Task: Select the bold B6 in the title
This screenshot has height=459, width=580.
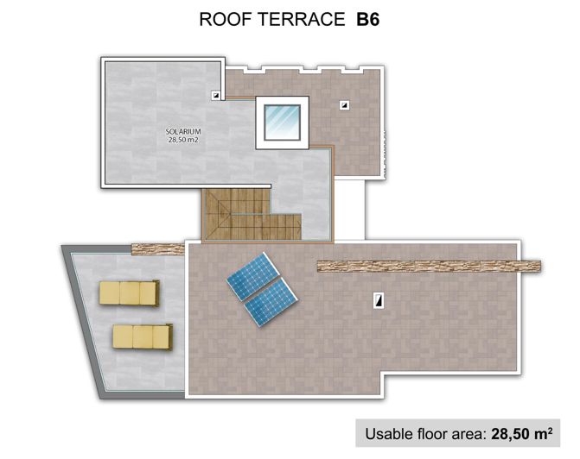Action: (369, 19)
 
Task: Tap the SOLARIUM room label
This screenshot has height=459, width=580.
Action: (183, 132)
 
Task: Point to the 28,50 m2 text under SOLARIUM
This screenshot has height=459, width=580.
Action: (183, 141)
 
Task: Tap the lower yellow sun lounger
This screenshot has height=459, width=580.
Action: (140, 335)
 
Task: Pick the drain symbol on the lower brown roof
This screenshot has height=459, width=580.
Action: (379, 300)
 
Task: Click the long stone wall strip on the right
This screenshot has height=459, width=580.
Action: (429, 266)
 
